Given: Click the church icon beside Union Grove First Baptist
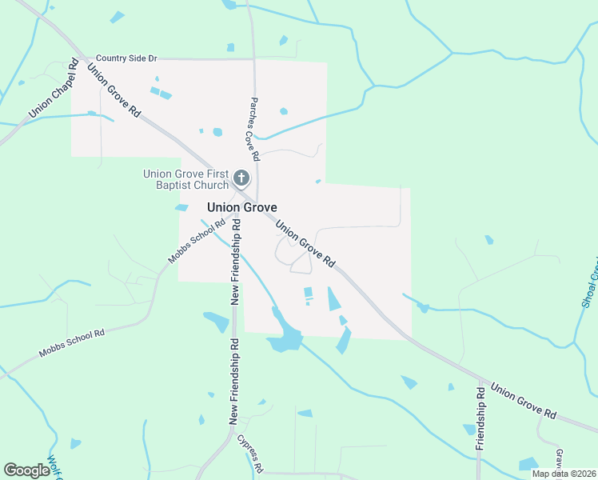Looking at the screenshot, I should pyautogui.click(x=242, y=178).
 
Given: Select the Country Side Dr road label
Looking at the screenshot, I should pyautogui.click(x=126, y=58).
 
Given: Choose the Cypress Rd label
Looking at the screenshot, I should pyautogui.click(x=249, y=454).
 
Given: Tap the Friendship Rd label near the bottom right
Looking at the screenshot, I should pyautogui.click(x=480, y=418).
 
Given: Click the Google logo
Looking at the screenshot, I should pyautogui.click(x=27, y=470).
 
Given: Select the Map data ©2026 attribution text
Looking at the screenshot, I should pyautogui.click(x=563, y=474).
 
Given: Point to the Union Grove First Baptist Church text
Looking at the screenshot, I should pyautogui.click(x=185, y=180).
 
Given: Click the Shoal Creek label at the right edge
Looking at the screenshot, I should pyautogui.click(x=589, y=283).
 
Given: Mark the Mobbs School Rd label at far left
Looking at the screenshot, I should pyautogui.click(x=72, y=344).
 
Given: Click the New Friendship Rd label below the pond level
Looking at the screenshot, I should pyautogui.click(x=234, y=381).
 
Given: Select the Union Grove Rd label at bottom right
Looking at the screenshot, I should pyautogui.click(x=524, y=402).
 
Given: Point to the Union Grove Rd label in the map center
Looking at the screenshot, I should pyautogui.click(x=305, y=243).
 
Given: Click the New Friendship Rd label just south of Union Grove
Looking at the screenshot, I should pyautogui.click(x=235, y=262).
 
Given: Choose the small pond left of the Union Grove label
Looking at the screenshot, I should pyautogui.click(x=181, y=208).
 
